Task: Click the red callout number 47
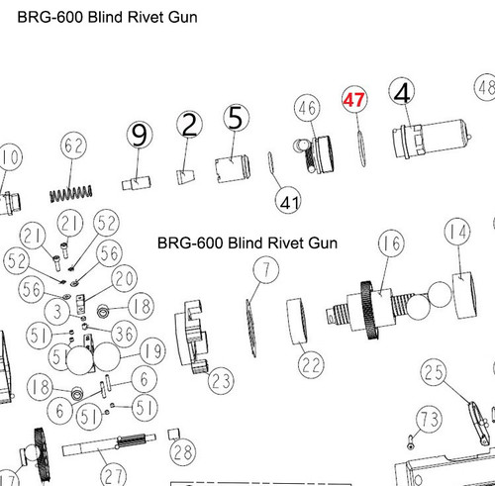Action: [x=354, y=100]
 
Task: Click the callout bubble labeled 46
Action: [x=305, y=107]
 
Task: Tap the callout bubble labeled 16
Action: [x=392, y=243]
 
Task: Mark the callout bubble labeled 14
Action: [x=456, y=233]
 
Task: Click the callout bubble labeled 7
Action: [x=263, y=267]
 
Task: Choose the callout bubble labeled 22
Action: [x=311, y=365]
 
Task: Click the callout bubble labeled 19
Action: [x=151, y=350]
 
